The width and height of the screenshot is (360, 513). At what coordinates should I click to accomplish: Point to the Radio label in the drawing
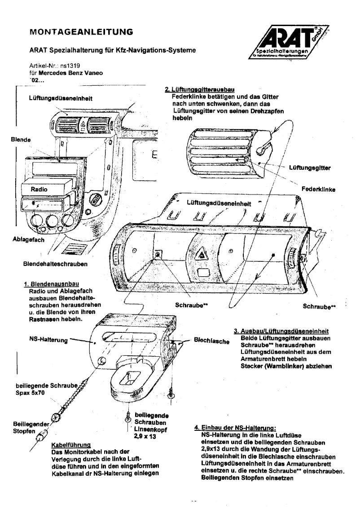pos(39,190)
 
